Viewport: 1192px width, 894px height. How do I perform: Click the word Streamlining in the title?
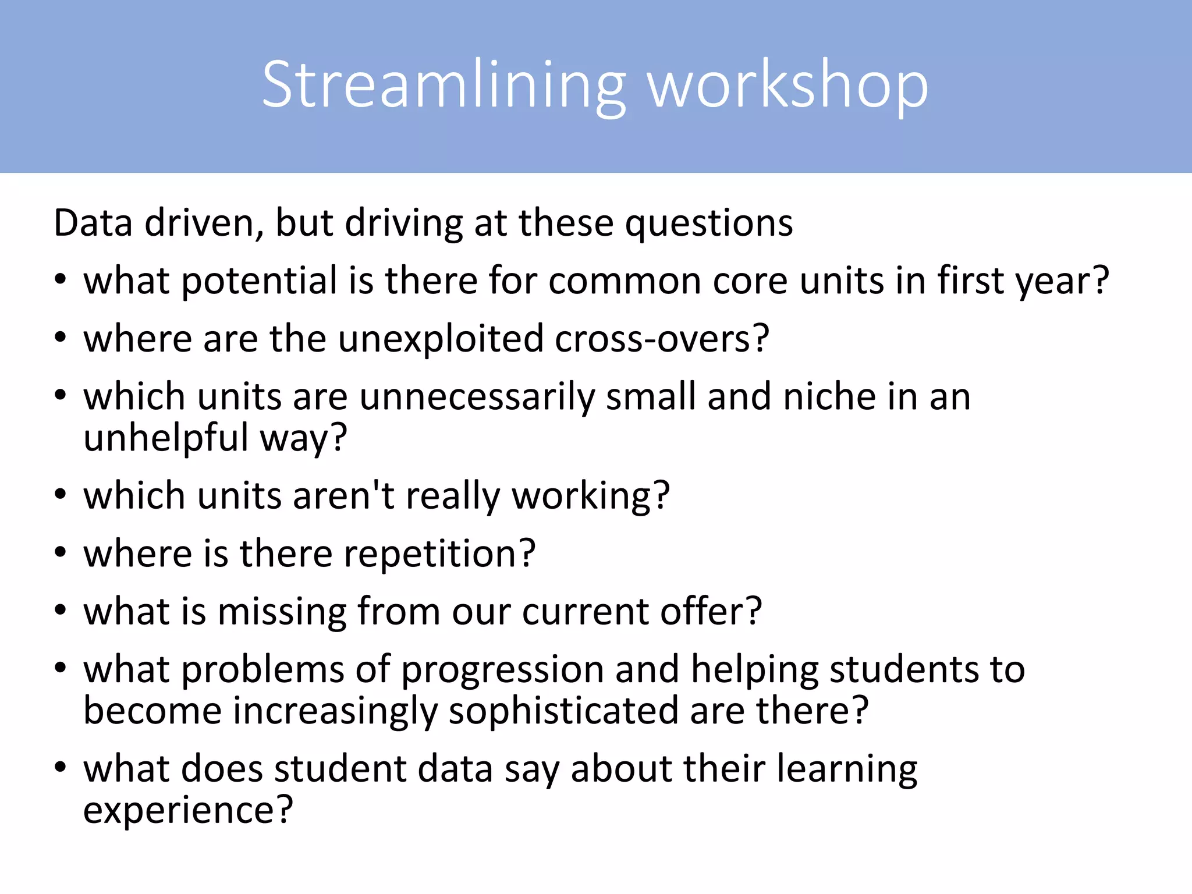444,86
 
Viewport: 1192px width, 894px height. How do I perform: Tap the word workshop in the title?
788,86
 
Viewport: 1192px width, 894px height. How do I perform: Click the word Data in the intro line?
93,223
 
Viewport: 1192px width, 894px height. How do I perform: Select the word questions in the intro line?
708,223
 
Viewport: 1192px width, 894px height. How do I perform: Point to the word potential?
260,281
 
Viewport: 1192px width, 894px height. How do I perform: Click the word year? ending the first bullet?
1062,281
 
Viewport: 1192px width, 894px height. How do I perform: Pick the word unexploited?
441,339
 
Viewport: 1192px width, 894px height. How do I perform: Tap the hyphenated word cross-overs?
662,339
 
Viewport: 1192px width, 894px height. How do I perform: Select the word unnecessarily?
477,397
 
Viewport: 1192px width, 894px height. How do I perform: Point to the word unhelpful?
166,438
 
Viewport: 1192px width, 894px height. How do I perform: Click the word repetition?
439,554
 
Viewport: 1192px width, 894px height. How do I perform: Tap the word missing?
282,612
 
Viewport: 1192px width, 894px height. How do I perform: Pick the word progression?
502,669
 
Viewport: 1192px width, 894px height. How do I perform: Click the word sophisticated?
563,711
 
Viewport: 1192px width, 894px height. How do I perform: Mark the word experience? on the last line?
188,810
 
